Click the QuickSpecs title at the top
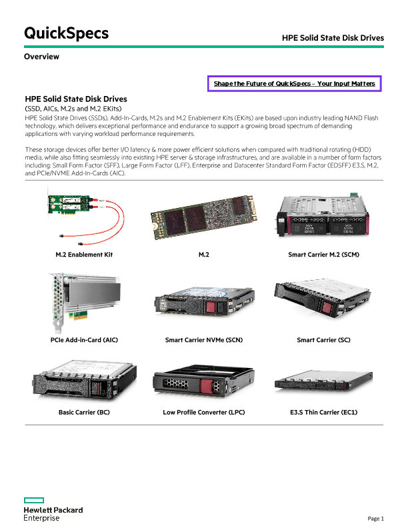[x=66, y=33]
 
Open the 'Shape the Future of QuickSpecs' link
[x=294, y=83]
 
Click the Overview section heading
[x=41, y=57]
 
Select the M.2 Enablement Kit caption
[x=84, y=255]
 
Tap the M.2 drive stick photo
[x=204, y=217]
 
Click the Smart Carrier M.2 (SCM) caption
[x=323, y=255]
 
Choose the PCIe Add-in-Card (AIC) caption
[x=84, y=340]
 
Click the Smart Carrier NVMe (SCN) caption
[x=204, y=340]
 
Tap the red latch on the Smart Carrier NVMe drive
[x=211, y=307]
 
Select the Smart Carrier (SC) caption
[x=323, y=340]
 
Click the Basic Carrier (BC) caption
[x=84, y=412]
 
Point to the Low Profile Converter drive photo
[x=203, y=381]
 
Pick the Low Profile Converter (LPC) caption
[x=204, y=412]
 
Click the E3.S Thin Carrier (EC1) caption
[x=323, y=412]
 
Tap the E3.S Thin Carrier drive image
[x=323, y=381]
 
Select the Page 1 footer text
[x=375, y=519]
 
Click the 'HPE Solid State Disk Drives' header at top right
[x=333, y=38]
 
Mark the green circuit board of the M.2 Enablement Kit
[x=69, y=204]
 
